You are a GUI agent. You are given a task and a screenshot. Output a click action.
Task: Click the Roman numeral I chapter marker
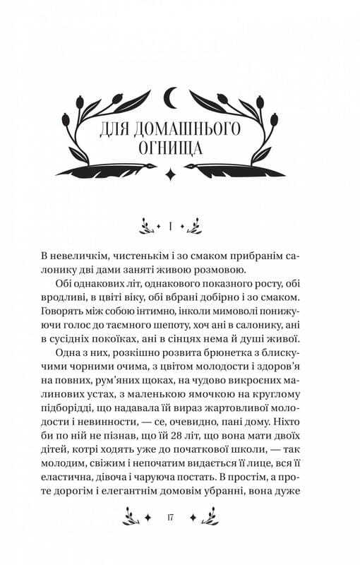click(172, 226)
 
